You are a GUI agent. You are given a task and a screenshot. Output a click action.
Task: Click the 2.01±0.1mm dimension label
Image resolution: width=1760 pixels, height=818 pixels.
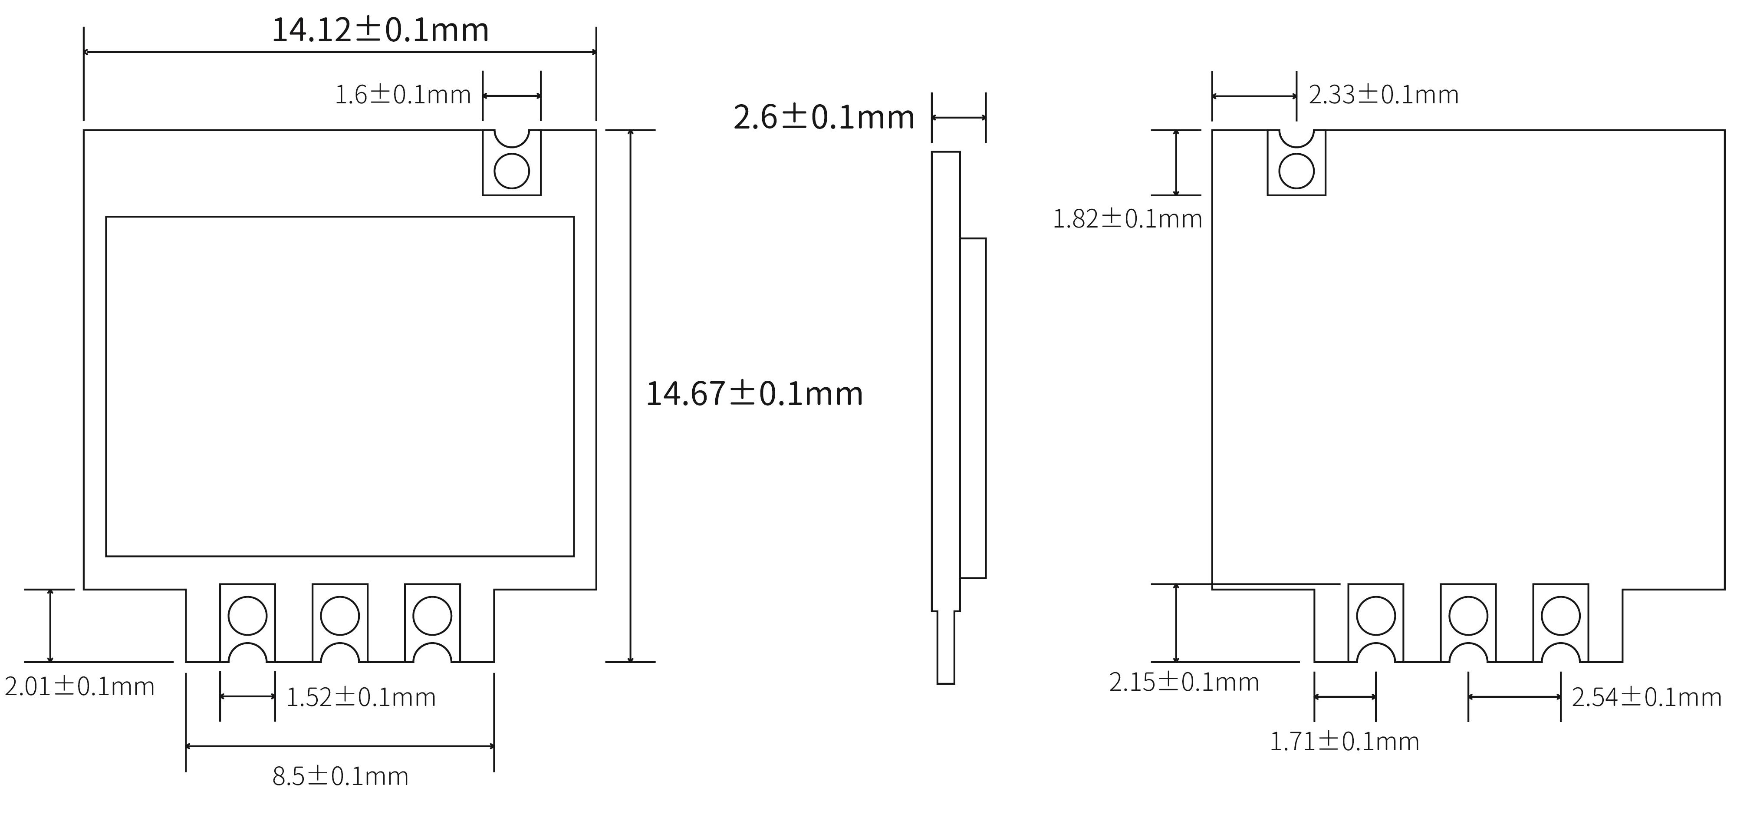click(80, 686)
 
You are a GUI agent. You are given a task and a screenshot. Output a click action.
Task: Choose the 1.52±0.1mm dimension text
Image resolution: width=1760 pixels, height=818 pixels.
click(361, 697)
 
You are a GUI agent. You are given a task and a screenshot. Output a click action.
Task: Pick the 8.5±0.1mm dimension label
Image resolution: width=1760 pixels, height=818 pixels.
click(340, 776)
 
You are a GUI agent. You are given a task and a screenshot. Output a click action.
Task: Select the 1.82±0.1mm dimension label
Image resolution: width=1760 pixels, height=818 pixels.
click(1127, 219)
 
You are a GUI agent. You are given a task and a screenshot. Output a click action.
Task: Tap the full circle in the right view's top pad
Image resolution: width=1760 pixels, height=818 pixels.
click(1296, 171)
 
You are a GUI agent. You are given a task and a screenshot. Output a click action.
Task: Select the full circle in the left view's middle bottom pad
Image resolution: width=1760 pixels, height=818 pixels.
click(339, 615)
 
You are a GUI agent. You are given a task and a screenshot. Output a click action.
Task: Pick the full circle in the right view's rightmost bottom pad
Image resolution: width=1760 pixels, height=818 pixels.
click(1560, 615)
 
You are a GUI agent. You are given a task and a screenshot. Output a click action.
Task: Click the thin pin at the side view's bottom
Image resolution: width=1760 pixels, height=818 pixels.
click(946, 647)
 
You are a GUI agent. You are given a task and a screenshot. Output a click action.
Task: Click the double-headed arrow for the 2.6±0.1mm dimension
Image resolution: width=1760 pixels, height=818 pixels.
click(959, 118)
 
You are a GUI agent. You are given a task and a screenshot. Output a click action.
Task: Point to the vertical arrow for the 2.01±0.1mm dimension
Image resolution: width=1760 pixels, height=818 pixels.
click(50, 625)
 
